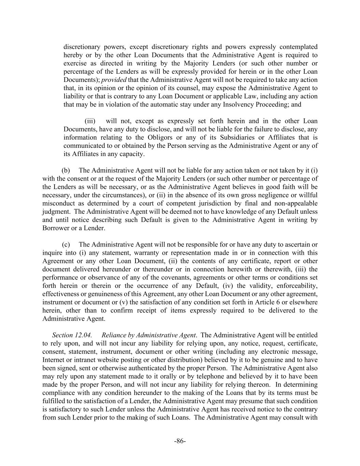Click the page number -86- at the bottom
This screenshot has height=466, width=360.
[180, 441]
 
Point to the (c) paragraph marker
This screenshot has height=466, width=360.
[66, 245]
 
